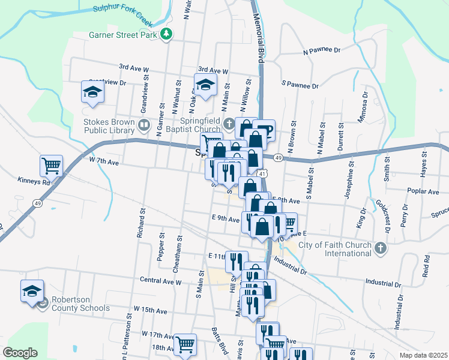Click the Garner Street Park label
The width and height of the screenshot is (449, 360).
pyautogui.click(x=122, y=35)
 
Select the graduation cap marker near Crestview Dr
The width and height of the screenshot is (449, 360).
pyautogui.click(x=92, y=92)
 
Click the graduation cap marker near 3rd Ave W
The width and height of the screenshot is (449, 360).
pyautogui.click(x=205, y=84)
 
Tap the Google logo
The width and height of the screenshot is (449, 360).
pyautogui.click(x=20, y=353)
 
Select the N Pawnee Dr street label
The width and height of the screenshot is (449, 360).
pyautogui.click(x=322, y=52)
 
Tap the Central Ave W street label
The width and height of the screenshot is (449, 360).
pyautogui.click(x=160, y=280)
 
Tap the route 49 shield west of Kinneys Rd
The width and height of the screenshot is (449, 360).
pyautogui.click(x=37, y=204)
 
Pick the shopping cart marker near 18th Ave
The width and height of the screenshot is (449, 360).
pyautogui.click(x=185, y=344)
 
